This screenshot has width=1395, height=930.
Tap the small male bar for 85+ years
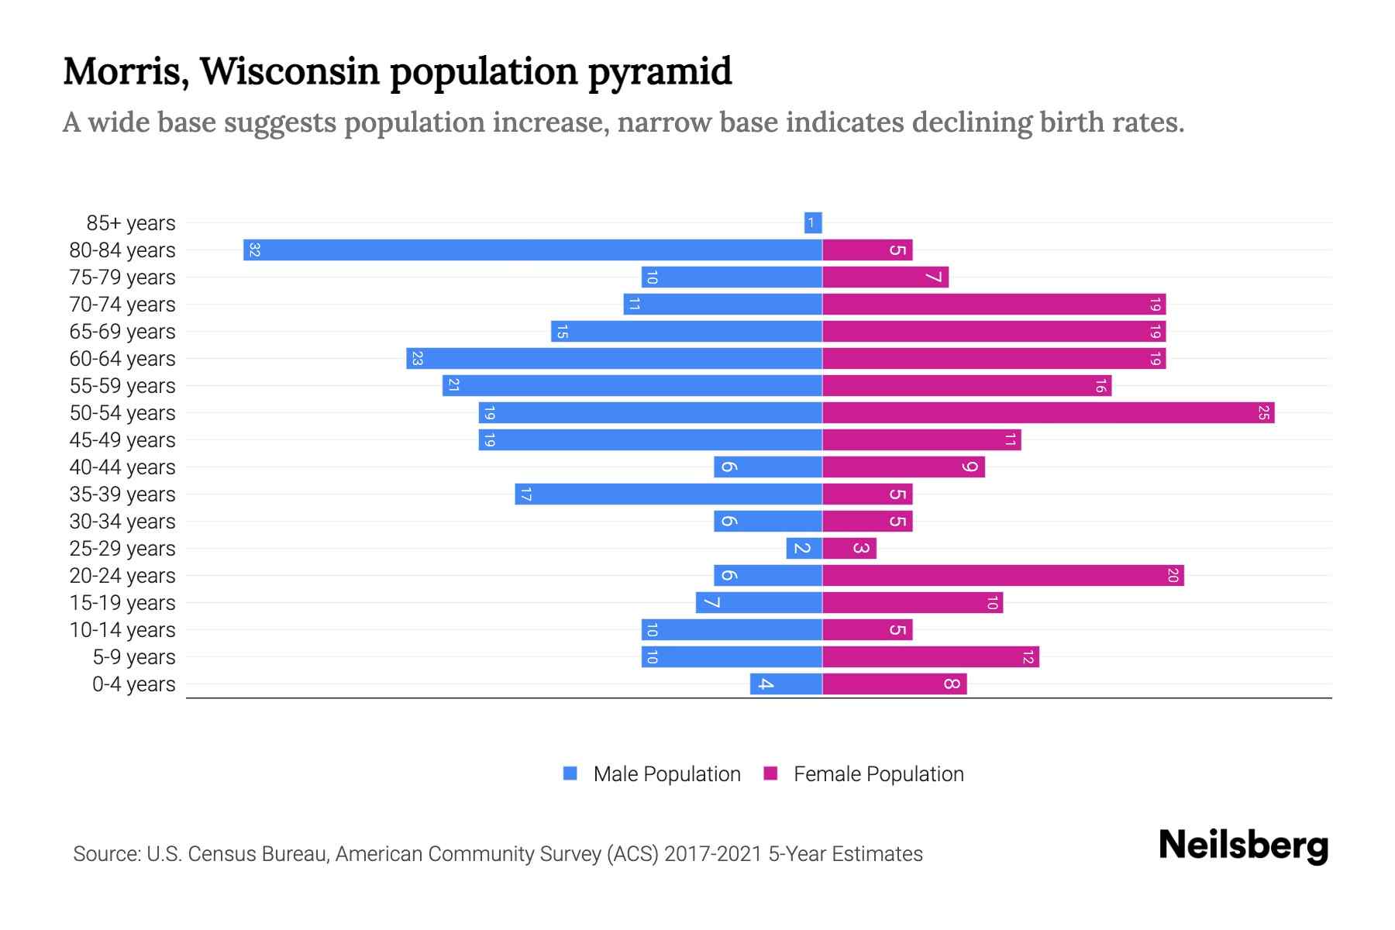click(x=813, y=223)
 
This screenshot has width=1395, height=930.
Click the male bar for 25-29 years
click(x=804, y=549)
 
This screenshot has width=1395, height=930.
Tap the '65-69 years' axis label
click(x=122, y=332)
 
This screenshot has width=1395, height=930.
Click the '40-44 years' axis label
click(x=122, y=467)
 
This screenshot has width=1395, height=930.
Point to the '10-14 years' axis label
click(x=122, y=630)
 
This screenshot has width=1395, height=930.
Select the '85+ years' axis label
click(x=131, y=223)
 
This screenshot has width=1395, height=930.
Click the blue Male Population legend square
click(x=570, y=773)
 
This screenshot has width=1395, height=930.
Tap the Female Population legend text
click(x=878, y=774)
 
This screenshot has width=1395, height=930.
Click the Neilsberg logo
click(x=1243, y=846)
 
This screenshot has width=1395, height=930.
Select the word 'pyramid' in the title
click(x=660, y=72)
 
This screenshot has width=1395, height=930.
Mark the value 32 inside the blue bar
click(x=254, y=250)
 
